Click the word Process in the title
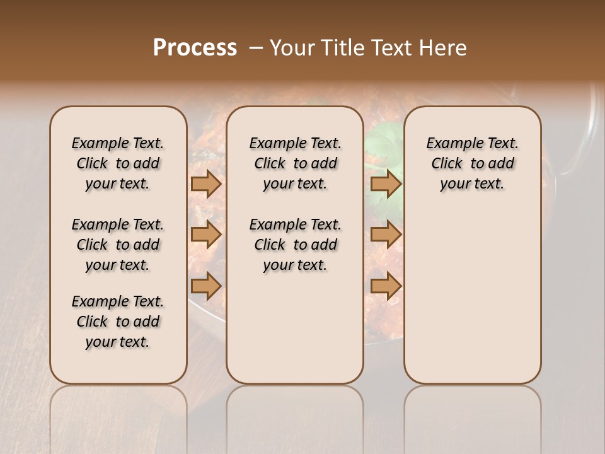(195, 48)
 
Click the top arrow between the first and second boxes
(206, 184)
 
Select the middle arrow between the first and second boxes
(206, 235)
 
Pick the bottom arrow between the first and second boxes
(206, 286)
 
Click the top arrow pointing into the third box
(386, 184)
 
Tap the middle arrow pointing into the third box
(386, 235)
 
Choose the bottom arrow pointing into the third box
(386, 286)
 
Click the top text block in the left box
(118, 163)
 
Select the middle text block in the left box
(118, 245)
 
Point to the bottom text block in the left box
(118, 322)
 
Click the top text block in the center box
(295, 163)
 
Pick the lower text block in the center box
(295, 245)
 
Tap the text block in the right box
(473, 163)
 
